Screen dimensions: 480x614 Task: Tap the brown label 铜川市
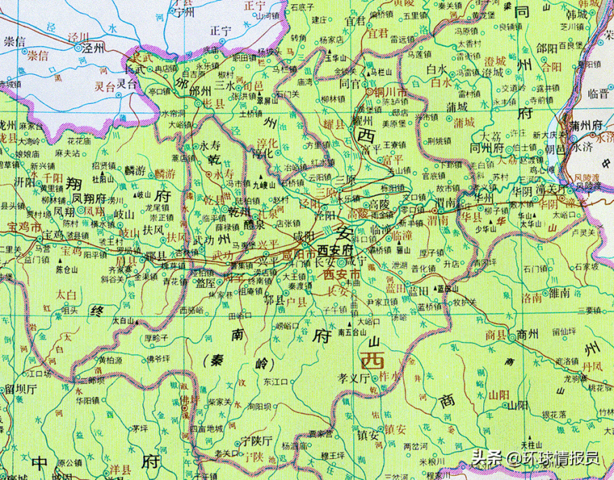point(390,93)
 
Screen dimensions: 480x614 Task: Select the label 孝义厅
point(353,378)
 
